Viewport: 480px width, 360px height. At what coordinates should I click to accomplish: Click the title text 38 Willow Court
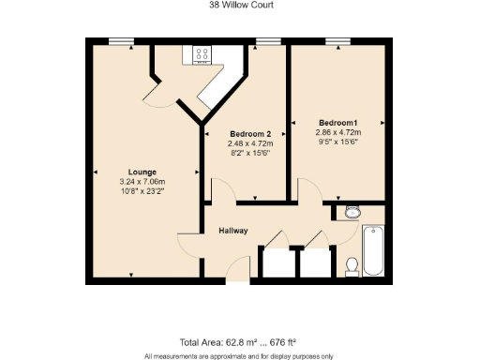(239, 5)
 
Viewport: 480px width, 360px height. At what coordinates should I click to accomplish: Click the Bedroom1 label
(338, 123)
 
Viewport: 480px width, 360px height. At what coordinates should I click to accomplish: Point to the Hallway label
(233, 230)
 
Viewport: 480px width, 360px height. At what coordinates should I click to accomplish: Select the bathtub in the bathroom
(372, 249)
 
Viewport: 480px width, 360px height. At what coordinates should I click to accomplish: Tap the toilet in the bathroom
(352, 266)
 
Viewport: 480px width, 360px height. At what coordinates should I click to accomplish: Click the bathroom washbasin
(352, 213)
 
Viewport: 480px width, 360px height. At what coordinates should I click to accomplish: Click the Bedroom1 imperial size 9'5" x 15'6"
(338, 143)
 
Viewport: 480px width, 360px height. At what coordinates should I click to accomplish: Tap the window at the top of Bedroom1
(337, 40)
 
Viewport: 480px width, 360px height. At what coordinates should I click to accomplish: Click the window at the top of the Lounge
(119, 40)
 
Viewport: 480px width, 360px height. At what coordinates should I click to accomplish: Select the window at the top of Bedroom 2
(269, 40)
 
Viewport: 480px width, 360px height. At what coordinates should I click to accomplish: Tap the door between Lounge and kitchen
(155, 91)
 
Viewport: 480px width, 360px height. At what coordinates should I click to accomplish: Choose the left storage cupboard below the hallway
(277, 262)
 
